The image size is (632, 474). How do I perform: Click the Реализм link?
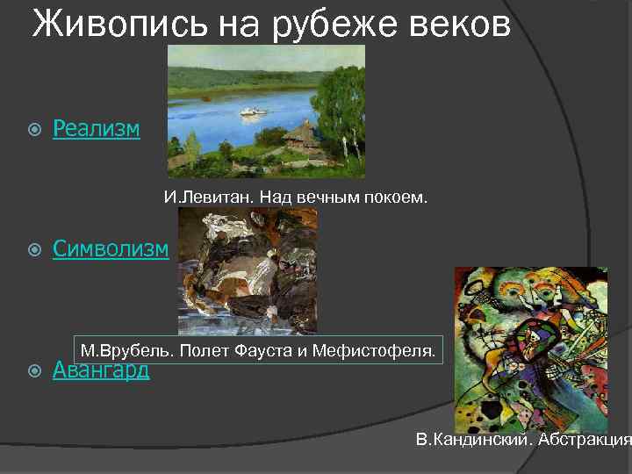96,129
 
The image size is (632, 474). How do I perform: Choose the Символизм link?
111,249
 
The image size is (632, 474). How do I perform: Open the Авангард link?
101,370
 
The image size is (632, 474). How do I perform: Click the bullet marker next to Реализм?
34,130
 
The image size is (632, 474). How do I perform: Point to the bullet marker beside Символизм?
34,250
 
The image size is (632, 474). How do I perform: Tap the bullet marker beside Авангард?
34,370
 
